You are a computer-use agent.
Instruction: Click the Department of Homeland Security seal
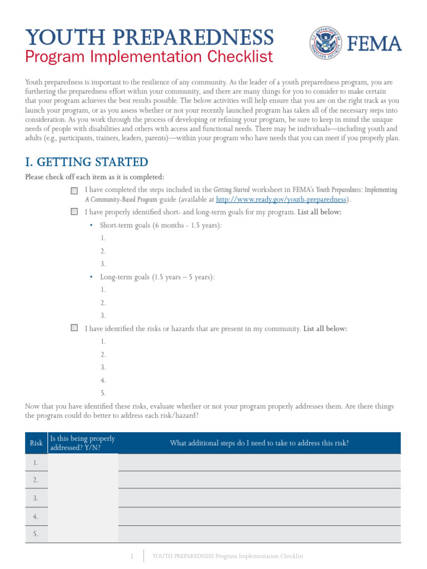point(326,44)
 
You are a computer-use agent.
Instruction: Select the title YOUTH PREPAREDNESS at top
point(150,37)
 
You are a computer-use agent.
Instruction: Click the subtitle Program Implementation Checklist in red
point(149,57)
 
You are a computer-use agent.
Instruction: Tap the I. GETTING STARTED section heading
point(87,162)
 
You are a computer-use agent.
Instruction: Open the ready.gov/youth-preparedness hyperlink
point(281,199)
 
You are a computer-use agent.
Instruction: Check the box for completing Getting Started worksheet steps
point(75,191)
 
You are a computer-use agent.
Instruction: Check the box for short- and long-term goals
point(75,212)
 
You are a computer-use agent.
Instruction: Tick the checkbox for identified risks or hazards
point(75,328)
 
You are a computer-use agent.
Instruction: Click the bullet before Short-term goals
point(91,225)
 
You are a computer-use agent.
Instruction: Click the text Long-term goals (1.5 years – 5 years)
point(157,277)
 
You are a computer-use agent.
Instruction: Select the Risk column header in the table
point(36,443)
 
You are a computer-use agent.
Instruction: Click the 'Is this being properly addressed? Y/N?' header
point(82,443)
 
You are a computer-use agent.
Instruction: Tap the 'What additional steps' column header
point(259,443)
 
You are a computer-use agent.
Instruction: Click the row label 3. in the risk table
point(36,498)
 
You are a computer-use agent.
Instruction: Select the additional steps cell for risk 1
point(259,462)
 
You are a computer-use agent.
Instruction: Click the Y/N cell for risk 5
point(83,535)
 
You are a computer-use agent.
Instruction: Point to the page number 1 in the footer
point(132,556)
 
